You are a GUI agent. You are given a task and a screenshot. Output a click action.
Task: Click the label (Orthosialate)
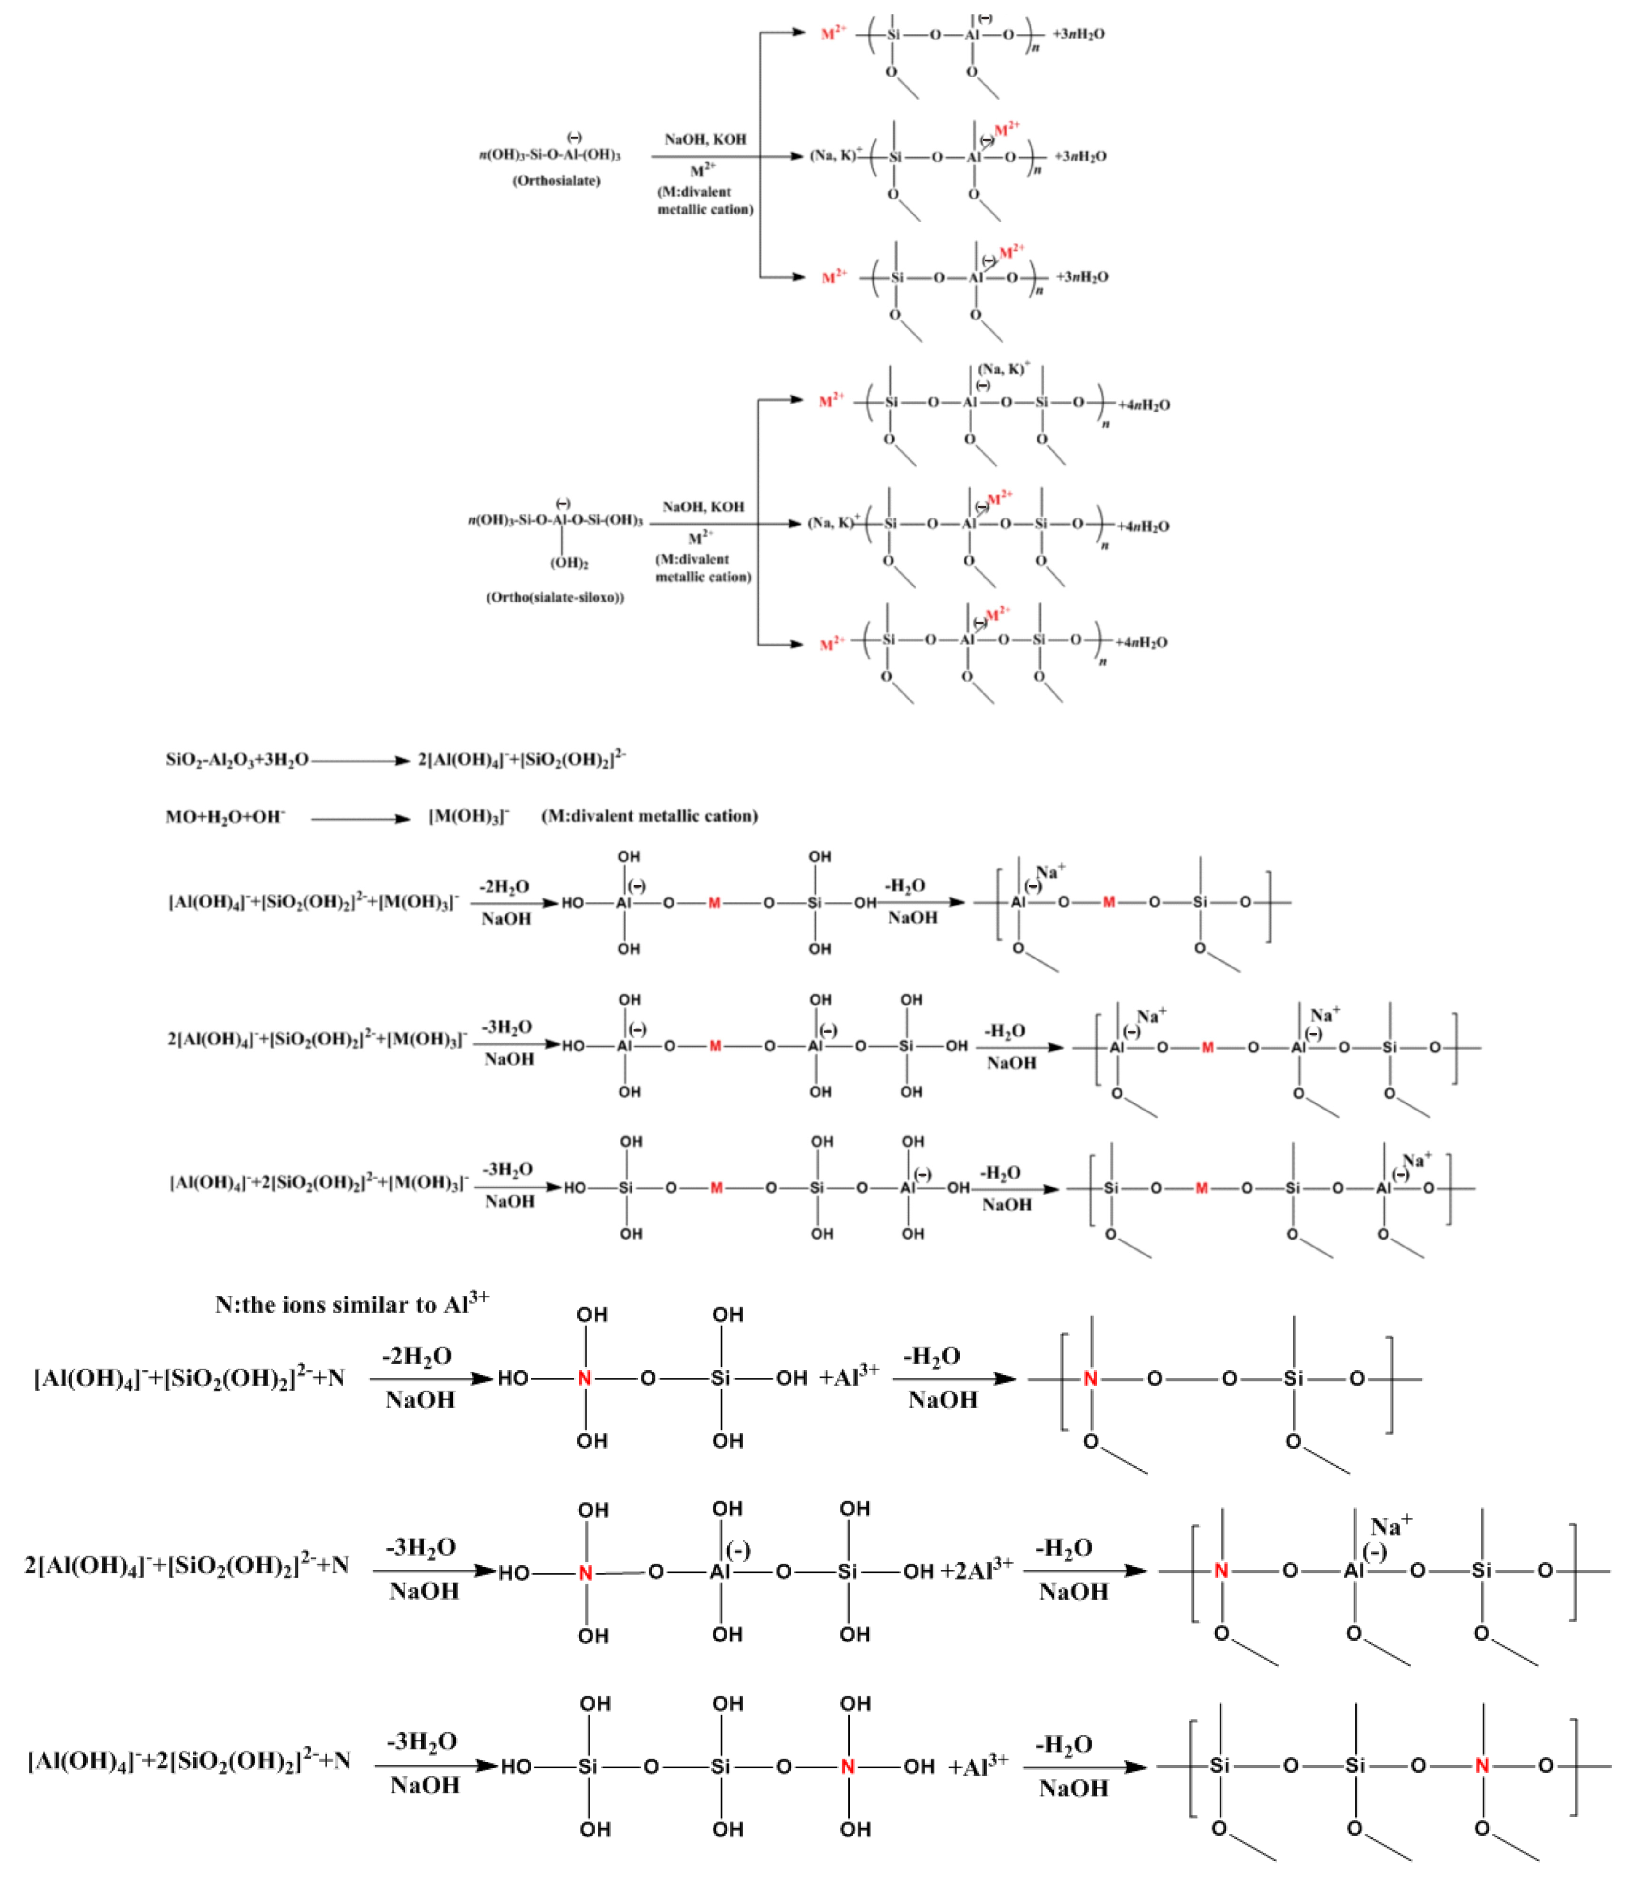(x=556, y=181)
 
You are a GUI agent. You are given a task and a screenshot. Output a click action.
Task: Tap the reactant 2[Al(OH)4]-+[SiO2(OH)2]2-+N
(x=186, y=1564)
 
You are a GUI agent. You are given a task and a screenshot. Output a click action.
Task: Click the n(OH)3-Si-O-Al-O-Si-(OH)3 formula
(x=555, y=520)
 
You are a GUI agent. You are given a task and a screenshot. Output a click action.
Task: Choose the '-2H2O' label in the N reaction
(x=418, y=1356)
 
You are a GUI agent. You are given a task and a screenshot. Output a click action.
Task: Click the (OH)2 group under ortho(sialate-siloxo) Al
(x=569, y=563)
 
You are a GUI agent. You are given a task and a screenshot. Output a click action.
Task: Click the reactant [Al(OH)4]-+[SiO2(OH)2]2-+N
(x=189, y=1378)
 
